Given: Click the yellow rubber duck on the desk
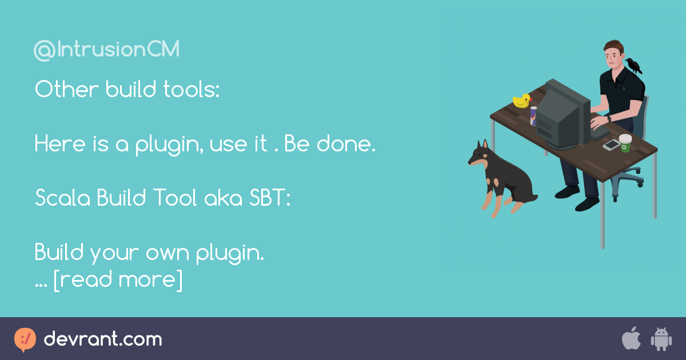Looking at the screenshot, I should [521, 101].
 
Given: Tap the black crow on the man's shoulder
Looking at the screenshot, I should [633, 65].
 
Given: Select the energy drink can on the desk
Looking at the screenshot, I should [533, 116].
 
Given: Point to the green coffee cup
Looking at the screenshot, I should [625, 143].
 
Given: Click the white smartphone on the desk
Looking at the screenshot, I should [611, 145].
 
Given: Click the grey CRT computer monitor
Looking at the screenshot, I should [560, 114].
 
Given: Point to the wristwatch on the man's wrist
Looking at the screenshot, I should [608, 119].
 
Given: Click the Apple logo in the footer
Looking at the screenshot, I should [631, 339].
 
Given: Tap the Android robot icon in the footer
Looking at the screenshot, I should [661, 339].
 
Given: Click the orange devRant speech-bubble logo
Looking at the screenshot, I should [25, 339].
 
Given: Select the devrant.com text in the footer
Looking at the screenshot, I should [103, 339].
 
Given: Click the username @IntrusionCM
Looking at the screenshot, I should [107, 50].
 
